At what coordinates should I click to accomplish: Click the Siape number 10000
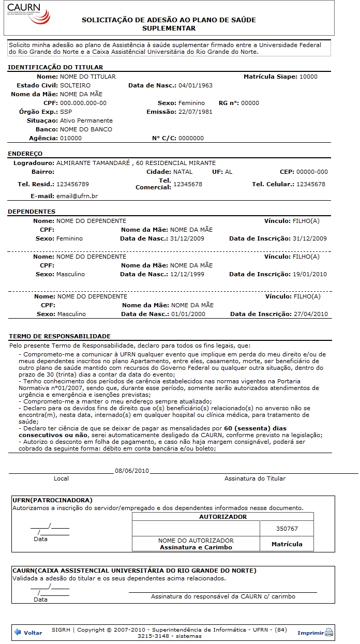pos(308,77)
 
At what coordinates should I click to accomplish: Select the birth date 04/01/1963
pos(196,85)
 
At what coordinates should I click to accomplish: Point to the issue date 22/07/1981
pos(196,112)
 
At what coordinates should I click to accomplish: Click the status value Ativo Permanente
pos(86,121)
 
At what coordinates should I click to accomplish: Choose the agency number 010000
pos(71,138)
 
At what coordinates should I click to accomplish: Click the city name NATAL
pos(183,172)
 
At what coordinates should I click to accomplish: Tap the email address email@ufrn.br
pos(78,196)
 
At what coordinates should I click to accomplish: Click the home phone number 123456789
pos(72,184)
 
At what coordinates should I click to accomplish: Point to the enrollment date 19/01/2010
pos(310,274)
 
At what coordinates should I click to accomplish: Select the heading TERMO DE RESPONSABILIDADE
pos(60,336)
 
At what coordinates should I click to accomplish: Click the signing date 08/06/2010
pos(132,471)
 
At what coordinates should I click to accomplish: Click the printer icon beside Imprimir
pos(329,632)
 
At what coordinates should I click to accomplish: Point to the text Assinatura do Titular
pos(254,478)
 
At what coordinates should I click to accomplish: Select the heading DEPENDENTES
pos(32,212)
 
